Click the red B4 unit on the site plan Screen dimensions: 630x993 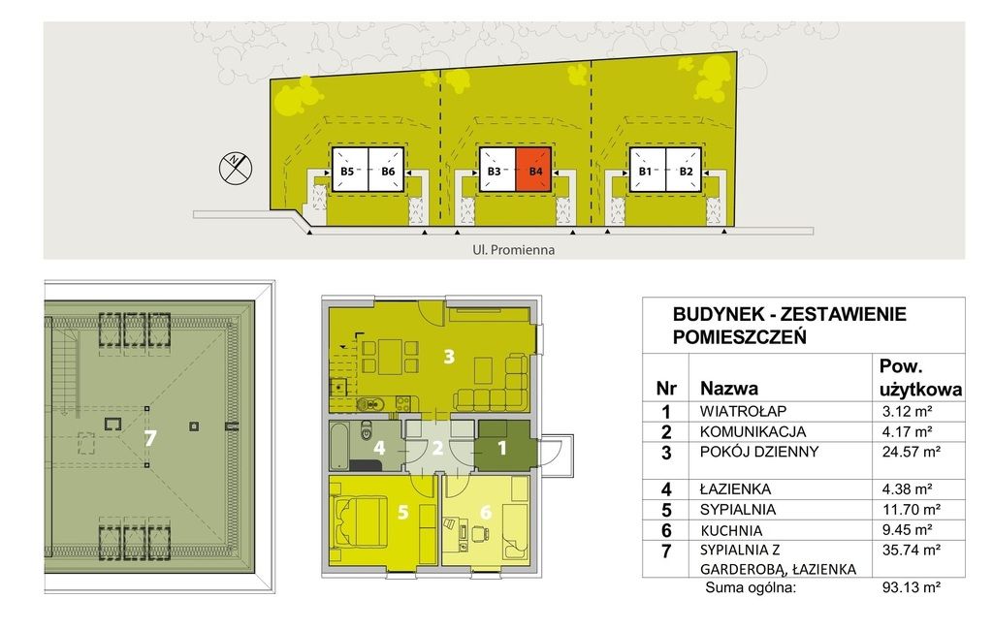coord(533,171)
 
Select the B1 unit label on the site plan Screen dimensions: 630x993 coord(644,172)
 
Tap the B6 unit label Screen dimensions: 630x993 coord(388,172)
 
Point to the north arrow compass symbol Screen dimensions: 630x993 coord(235,168)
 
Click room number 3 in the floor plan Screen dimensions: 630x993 coord(448,357)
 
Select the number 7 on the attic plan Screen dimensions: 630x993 coord(149,438)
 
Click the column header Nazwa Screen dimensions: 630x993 coord(728,389)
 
